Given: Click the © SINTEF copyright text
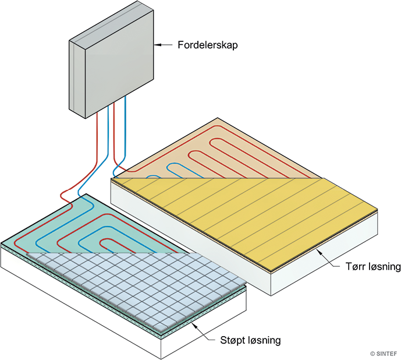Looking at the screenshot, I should tap(382, 352).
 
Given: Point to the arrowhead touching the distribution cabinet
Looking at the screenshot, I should tap(158, 44).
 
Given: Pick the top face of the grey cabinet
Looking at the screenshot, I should tap(111, 32).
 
